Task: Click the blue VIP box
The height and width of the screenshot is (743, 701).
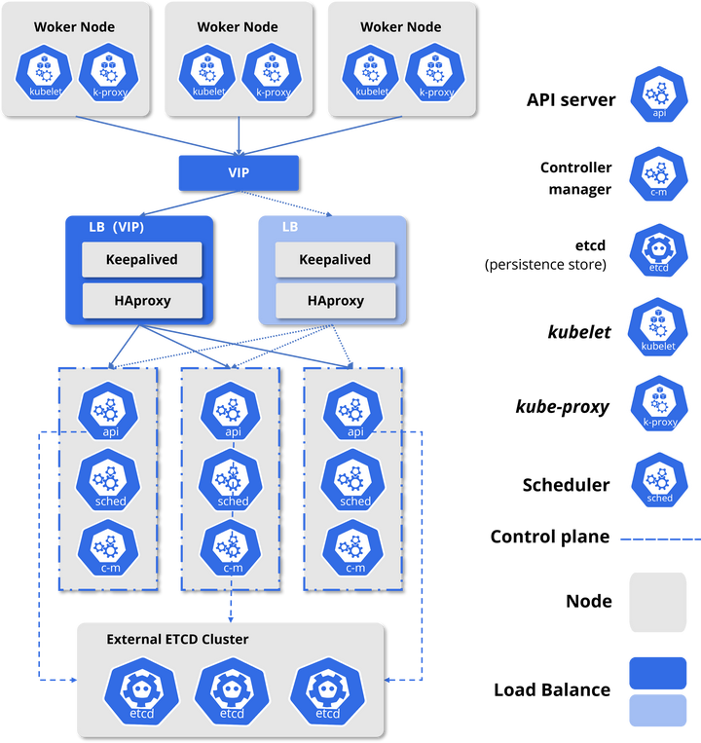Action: (238, 172)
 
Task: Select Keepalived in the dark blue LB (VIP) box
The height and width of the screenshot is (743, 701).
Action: (142, 260)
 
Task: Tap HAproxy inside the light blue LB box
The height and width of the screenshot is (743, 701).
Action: (336, 301)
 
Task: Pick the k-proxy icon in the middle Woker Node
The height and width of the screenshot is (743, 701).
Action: (273, 75)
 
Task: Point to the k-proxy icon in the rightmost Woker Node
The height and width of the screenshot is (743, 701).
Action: (435, 75)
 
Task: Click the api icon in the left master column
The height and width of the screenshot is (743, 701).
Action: (110, 413)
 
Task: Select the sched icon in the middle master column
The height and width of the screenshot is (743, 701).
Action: (233, 481)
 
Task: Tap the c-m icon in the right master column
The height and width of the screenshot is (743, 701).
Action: (354, 548)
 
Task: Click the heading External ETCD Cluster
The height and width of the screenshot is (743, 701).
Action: (177, 640)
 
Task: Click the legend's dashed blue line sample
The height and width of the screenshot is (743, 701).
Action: (659, 539)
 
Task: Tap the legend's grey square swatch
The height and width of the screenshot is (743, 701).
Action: (658, 603)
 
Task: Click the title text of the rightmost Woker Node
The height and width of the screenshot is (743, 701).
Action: (400, 27)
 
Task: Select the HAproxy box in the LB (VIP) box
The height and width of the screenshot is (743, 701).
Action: (142, 301)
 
